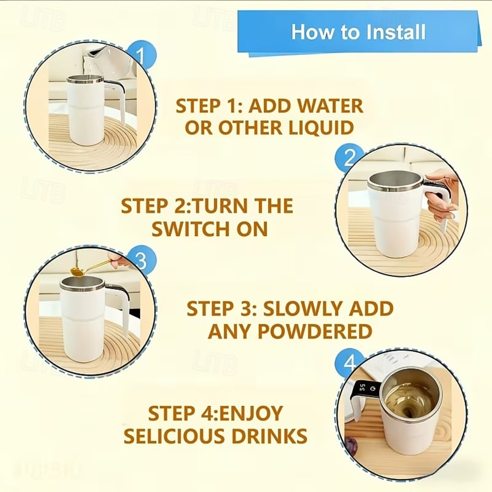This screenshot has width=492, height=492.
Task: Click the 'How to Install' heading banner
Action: click(x=358, y=32)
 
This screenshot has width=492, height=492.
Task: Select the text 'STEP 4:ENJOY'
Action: click(x=215, y=414)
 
